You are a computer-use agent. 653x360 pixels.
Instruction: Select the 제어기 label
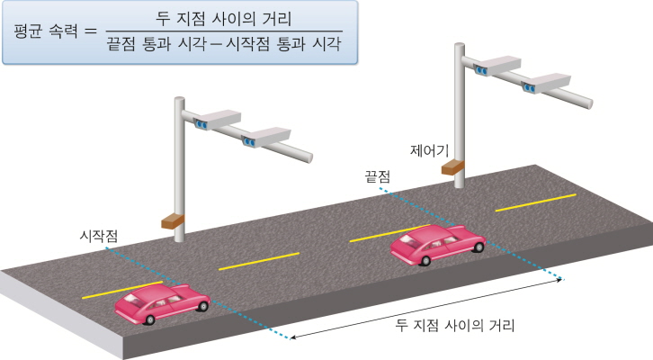[x=428, y=148]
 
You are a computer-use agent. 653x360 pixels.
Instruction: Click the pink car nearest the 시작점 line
[x=161, y=303]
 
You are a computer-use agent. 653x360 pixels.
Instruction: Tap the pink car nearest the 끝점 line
[x=438, y=243]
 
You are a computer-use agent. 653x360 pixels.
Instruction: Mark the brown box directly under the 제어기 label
[x=453, y=166]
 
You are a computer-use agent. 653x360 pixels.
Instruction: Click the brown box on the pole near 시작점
[x=172, y=219]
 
